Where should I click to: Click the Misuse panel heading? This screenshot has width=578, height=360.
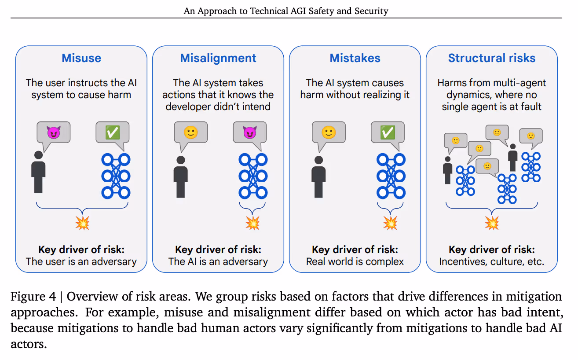coord(81,58)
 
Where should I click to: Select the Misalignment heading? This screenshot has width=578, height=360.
coord(218,58)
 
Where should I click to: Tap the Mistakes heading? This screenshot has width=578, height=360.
coord(355,58)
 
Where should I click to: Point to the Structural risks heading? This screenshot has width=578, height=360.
coord(492,58)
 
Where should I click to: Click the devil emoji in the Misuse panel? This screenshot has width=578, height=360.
coord(54,132)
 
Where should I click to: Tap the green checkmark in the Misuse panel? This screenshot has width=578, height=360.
coord(112,132)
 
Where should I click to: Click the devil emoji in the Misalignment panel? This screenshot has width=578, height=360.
coord(249,132)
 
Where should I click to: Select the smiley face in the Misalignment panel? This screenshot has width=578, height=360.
coord(190,132)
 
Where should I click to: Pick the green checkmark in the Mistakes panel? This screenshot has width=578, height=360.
coord(387,132)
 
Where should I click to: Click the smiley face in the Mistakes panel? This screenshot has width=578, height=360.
coord(329,132)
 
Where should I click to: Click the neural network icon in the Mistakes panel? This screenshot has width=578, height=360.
coord(391,176)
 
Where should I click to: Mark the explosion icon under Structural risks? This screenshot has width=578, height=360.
coord(491,223)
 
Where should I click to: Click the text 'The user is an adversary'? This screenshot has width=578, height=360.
coord(81,261)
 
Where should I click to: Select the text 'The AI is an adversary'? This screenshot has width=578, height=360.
coord(218,261)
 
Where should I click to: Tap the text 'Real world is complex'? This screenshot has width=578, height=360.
coord(355,261)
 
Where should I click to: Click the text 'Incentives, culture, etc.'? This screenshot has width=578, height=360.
coord(492,261)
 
